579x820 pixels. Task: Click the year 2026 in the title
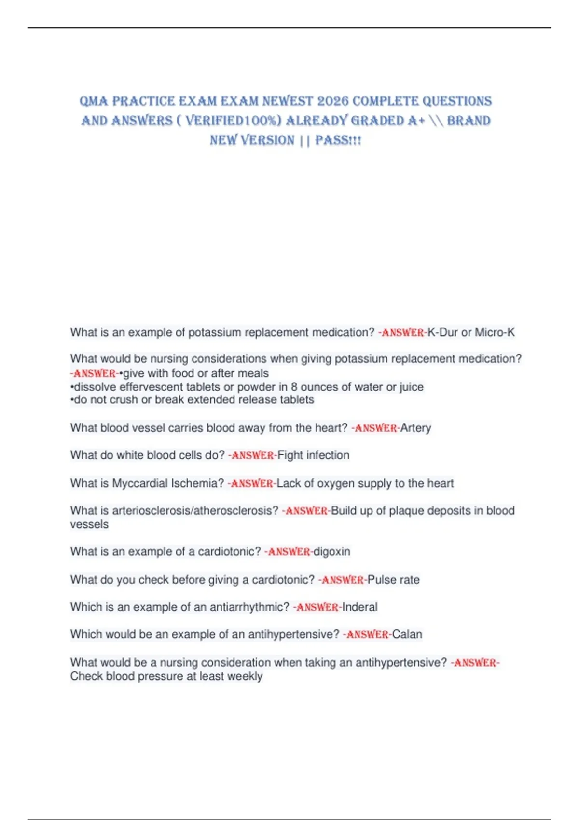point(333,101)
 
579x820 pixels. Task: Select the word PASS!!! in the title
point(338,140)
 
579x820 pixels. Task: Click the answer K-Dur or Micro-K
point(471,332)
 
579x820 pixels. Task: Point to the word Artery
point(415,428)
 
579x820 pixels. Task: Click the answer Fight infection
point(313,455)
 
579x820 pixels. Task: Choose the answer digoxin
point(332,551)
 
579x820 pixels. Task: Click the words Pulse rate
point(393,580)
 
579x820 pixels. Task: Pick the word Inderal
point(360,607)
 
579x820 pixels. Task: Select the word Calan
point(407,634)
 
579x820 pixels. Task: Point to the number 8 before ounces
point(294,387)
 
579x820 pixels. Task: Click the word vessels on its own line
point(89,524)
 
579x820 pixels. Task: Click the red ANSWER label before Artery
point(375,428)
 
